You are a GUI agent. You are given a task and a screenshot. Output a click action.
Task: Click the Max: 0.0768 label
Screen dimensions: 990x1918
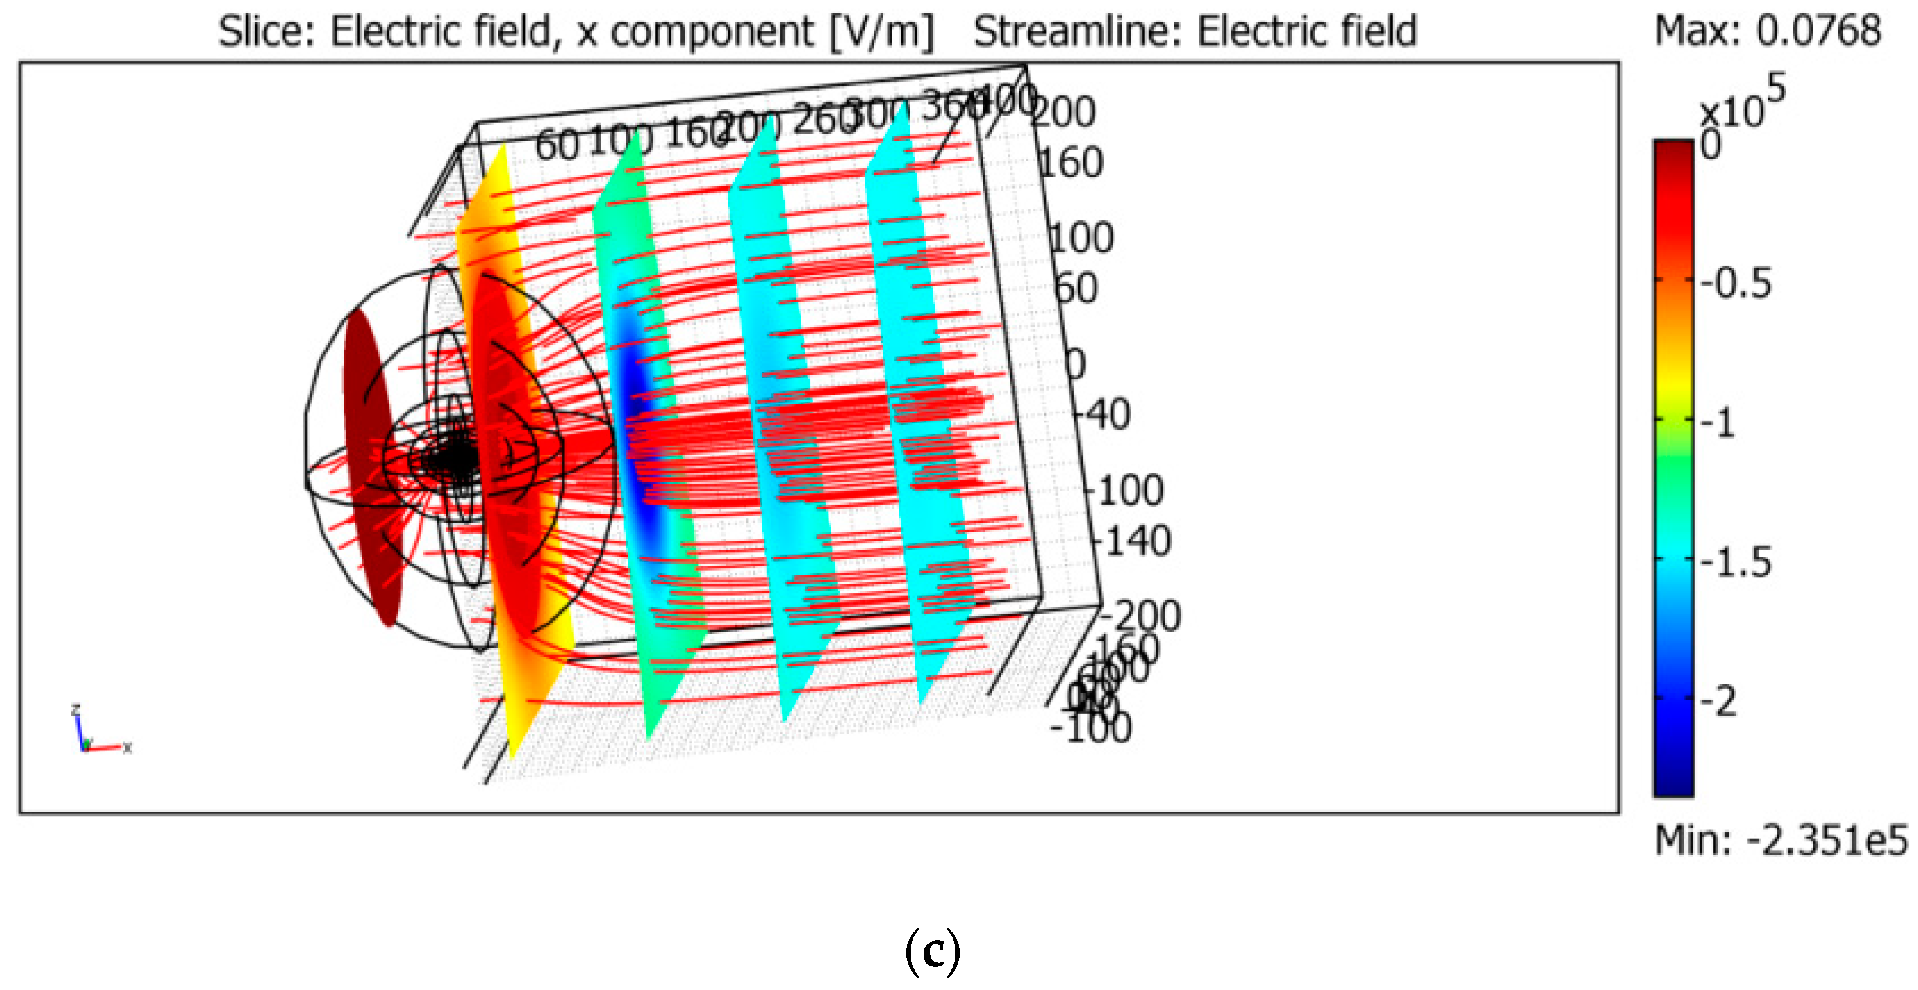tap(1767, 31)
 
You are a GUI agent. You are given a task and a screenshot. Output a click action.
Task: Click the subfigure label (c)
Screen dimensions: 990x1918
tap(932, 951)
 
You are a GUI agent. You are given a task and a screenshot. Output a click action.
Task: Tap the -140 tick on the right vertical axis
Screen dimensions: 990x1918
tap(1132, 541)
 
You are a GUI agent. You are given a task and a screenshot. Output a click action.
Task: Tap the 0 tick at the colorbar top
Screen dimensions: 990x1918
tap(1711, 145)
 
